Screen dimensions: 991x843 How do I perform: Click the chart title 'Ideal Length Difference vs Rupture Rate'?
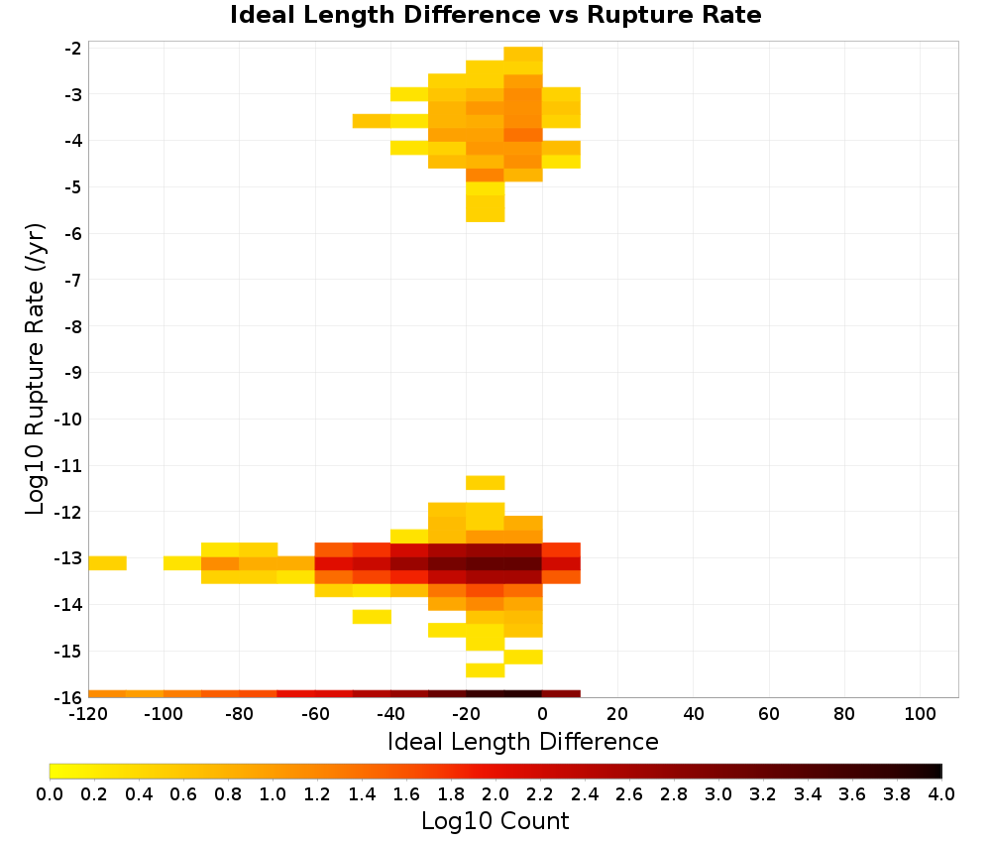pos(495,15)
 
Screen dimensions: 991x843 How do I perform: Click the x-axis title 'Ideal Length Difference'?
pos(522,741)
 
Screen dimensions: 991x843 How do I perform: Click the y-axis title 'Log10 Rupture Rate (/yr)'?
pos(36,369)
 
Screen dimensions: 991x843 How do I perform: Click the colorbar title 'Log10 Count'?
pos(495,821)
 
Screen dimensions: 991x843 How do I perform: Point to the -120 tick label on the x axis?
pos(88,715)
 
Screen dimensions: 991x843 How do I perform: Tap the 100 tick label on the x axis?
pos(921,715)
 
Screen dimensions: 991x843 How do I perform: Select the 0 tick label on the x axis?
pos(542,715)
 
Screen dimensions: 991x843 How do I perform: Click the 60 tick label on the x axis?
pos(769,715)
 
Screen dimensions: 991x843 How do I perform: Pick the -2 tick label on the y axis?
pos(72,49)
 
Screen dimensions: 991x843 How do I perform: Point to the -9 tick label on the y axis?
pos(72,373)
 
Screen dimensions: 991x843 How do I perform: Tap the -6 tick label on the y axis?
pos(72,234)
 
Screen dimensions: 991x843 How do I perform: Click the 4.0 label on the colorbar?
pos(941,794)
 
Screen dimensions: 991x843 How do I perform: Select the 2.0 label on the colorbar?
pos(495,794)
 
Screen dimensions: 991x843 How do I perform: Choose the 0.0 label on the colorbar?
pos(50,794)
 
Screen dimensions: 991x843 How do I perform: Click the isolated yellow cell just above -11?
pos(486,483)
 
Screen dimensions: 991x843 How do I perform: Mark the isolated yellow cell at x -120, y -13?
pos(107,563)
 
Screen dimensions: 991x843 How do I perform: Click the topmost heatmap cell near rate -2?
pos(523,54)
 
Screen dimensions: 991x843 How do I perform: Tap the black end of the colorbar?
pos(937,771)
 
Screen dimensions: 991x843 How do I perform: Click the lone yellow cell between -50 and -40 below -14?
pos(372,617)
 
